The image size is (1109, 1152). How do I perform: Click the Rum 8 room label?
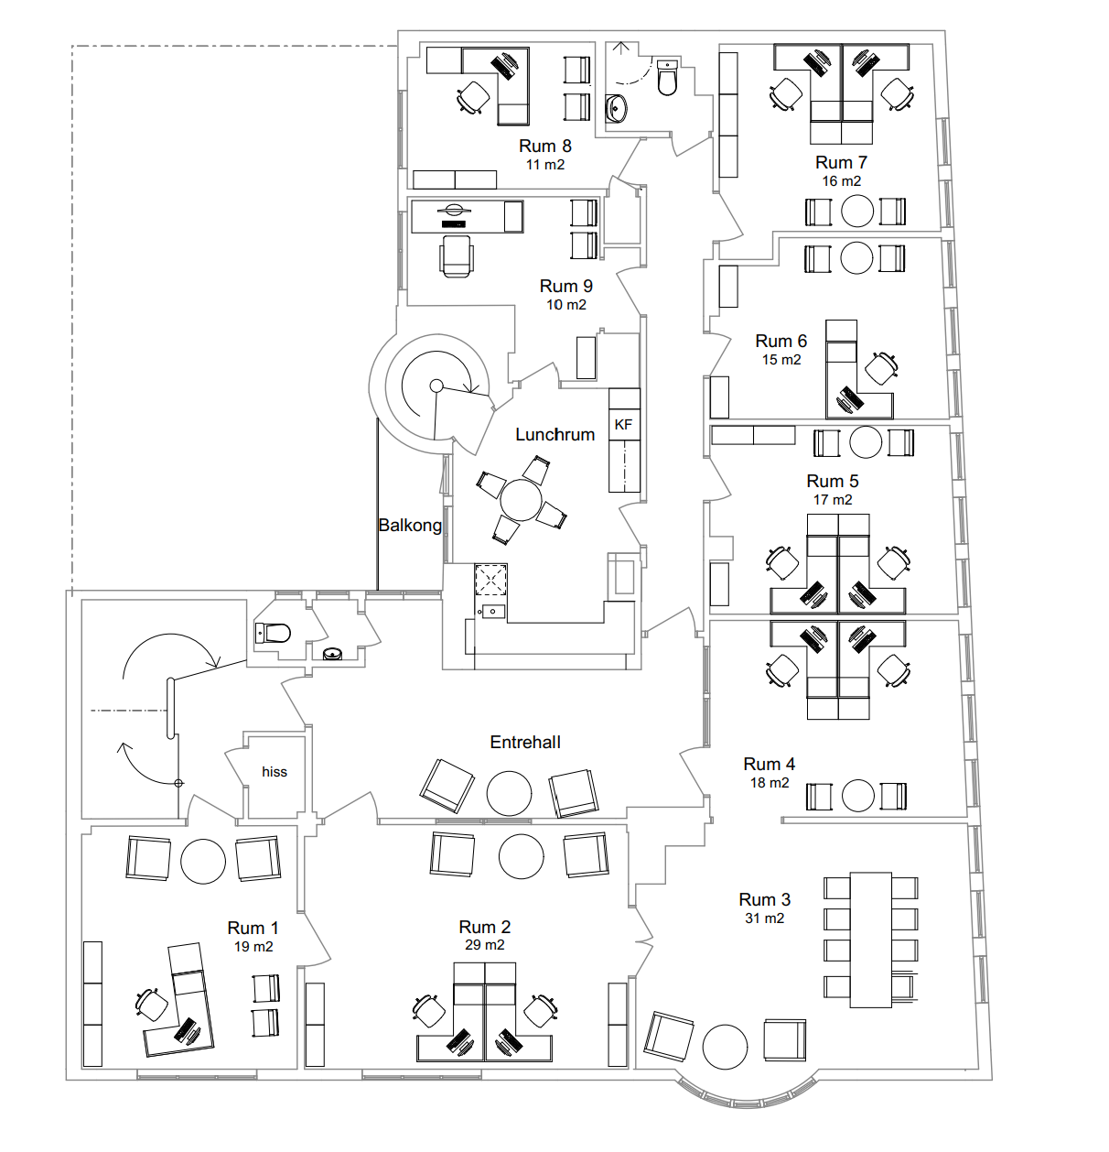pyautogui.click(x=544, y=147)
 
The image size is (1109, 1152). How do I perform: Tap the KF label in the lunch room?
pyautogui.click(x=623, y=425)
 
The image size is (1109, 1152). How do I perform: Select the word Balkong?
pyautogui.click(x=410, y=526)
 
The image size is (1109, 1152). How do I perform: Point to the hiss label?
pyautogui.click(x=275, y=772)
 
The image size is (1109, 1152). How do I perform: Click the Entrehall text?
pyautogui.click(x=525, y=743)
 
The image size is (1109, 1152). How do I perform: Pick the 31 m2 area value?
pyautogui.click(x=764, y=918)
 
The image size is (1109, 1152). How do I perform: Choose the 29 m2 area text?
pyautogui.click(x=485, y=945)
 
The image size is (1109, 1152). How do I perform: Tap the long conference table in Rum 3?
pyautogui.click(x=870, y=940)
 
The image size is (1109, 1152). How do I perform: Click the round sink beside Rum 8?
pyautogui.click(x=617, y=108)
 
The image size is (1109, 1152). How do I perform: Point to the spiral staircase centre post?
pyautogui.click(x=436, y=386)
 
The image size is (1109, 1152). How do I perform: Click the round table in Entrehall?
pyautogui.click(x=509, y=793)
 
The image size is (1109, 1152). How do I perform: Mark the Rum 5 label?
pyautogui.click(x=833, y=482)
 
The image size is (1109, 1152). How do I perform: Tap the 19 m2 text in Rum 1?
pyautogui.click(x=253, y=947)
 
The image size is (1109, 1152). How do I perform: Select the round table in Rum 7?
pyautogui.click(x=857, y=211)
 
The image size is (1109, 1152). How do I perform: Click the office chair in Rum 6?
pyautogui.click(x=881, y=368)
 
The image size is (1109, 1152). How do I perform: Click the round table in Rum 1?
pyautogui.click(x=203, y=861)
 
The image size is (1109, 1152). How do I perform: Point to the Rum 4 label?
pyautogui.click(x=769, y=765)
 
